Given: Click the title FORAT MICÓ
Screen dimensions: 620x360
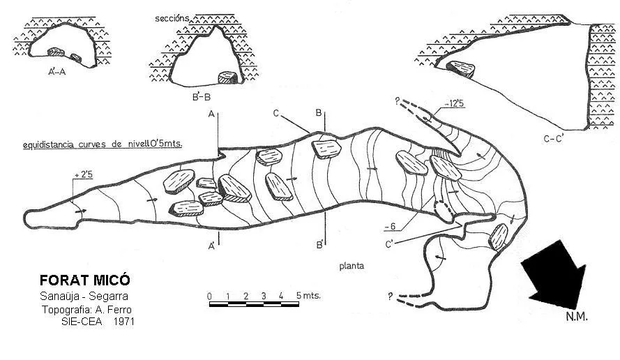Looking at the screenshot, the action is click(84, 280).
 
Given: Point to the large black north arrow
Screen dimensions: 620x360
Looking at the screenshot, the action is click(556, 273).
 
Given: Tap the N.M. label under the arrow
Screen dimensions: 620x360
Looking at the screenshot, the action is click(577, 317).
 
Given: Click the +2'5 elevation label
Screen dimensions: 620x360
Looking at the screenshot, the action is click(84, 174).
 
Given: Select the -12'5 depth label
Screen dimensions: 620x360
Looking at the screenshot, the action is click(454, 104).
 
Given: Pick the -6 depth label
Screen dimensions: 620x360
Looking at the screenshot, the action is click(390, 226).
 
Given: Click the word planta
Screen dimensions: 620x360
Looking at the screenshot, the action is click(351, 266).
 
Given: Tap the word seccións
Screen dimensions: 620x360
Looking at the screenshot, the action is click(172, 18).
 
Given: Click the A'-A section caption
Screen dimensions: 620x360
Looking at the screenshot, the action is click(57, 72).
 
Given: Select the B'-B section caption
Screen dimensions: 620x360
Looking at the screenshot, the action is click(202, 96).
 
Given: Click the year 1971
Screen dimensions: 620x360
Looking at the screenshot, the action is click(123, 322).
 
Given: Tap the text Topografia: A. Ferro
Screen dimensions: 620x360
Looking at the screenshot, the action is click(86, 309).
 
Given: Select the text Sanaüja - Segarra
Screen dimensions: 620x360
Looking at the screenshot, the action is click(84, 296).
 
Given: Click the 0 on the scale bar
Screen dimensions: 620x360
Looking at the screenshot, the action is click(209, 297).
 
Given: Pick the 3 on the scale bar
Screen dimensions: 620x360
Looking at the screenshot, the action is click(264, 296).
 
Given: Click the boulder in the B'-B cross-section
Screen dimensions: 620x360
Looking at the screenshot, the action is click(228, 77).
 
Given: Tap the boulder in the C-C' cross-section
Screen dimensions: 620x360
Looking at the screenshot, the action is click(461, 69).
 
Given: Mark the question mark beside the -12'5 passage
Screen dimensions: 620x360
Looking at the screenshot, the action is click(398, 100).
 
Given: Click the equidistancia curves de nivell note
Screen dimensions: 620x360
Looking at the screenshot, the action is click(103, 144).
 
